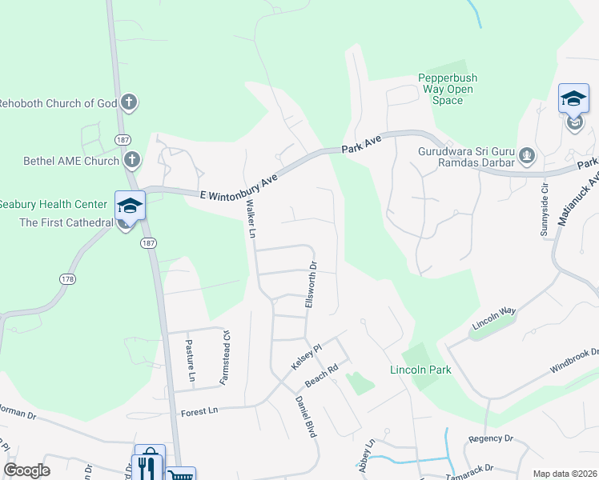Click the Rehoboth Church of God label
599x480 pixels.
58,103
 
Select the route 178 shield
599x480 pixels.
68,279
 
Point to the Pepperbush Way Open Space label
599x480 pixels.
448,89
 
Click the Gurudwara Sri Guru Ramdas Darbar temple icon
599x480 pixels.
527,155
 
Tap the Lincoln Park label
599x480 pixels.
420,370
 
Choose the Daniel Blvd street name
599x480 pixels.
306,416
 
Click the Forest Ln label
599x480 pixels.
199,412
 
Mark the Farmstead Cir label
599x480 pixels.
227,355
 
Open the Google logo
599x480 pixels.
26,470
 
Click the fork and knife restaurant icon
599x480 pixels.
149,464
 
